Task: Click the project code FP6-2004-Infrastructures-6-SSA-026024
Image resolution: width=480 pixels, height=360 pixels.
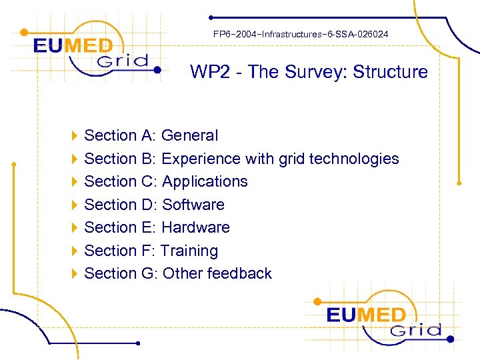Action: [x=301, y=33]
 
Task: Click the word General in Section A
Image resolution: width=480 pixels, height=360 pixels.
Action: [x=189, y=135]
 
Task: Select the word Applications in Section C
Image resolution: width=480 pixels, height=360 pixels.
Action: [x=205, y=181]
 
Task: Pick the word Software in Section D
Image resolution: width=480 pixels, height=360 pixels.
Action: [x=193, y=205]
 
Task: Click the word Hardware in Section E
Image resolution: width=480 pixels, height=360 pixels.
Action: [x=195, y=227]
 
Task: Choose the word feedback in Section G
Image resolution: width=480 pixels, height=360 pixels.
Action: [x=239, y=273]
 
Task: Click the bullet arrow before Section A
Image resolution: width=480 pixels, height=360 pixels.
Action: [x=74, y=136]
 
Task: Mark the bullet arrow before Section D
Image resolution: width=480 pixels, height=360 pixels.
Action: [x=74, y=205]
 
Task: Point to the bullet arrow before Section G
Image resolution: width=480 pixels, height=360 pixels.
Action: [x=74, y=273]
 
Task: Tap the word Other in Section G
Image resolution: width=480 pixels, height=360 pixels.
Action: [x=183, y=273]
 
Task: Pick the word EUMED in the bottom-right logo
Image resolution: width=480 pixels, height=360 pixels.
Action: [x=366, y=315]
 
